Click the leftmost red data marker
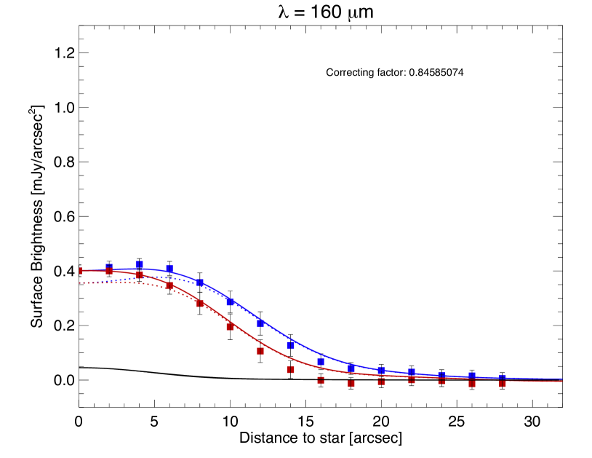pos(81,271)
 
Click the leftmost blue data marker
pos(109,267)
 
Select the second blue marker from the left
pos(140,264)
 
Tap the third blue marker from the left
pos(169,269)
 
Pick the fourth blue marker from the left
pos(200,283)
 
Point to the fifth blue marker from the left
pos(230,301)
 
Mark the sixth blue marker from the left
pos(260,323)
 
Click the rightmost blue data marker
pos(502,378)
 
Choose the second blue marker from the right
pos(472,376)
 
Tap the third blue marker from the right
pos(441,375)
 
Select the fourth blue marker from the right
pos(412,372)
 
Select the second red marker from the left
pos(109,271)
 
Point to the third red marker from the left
pos(140,275)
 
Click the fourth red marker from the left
pos(169,286)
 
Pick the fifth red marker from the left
pos(200,303)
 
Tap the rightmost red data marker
pos(502,384)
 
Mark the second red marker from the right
pos(472,384)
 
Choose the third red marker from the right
pos(441,381)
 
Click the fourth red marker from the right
pos(412,380)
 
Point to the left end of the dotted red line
pos(80,283)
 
